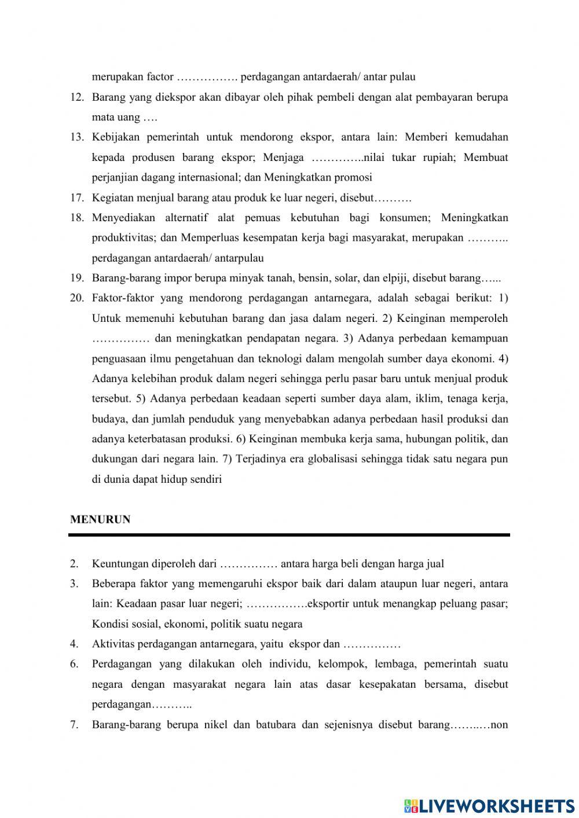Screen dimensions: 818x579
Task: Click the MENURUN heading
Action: point(100,519)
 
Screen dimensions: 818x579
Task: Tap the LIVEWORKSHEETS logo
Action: point(489,805)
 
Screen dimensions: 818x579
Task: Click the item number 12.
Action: point(77,97)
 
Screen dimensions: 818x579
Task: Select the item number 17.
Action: point(77,197)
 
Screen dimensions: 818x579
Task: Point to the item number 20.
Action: point(77,298)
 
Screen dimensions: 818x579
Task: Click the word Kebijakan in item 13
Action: point(116,137)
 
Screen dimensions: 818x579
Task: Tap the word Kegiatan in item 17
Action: point(112,197)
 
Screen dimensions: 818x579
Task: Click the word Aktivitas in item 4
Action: point(112,644)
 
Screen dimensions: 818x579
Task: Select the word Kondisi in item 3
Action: point(109,623)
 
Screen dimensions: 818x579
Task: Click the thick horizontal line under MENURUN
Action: point(289,535)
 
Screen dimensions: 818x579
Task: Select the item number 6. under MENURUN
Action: point(74,664)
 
